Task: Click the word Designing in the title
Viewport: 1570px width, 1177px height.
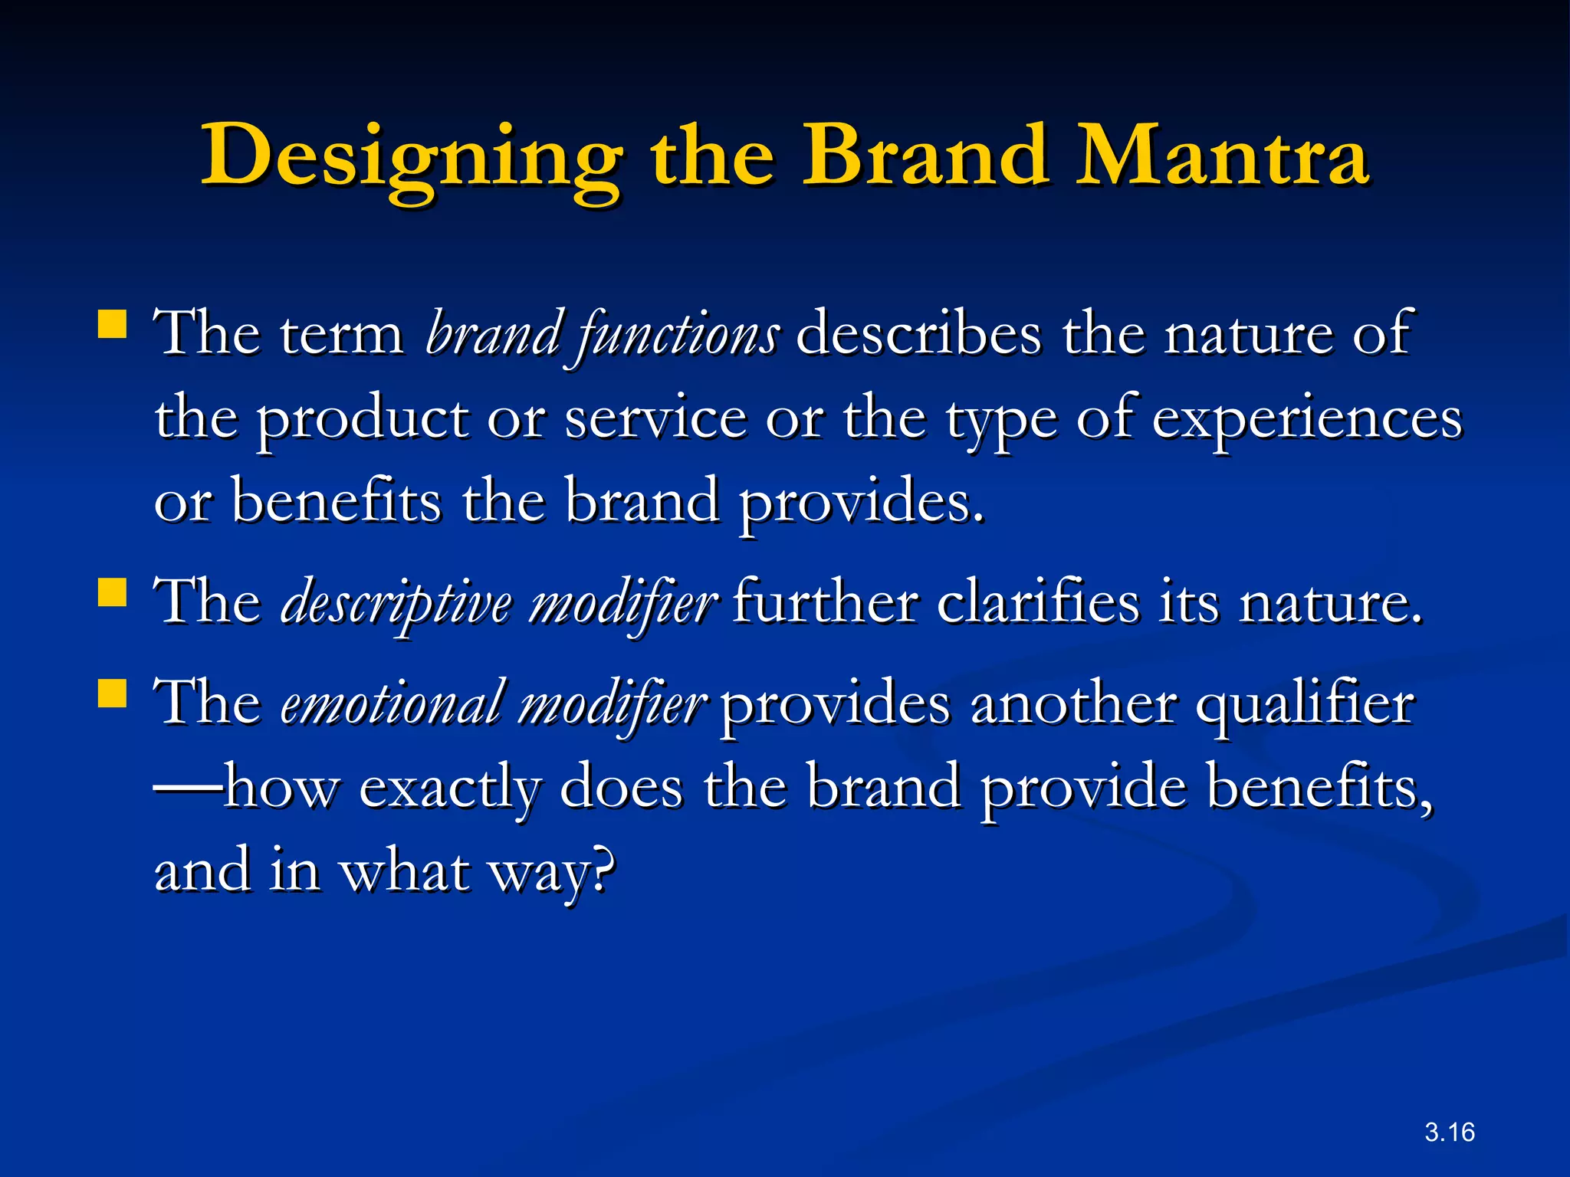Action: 411,157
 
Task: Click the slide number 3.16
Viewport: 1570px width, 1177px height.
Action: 1449,1132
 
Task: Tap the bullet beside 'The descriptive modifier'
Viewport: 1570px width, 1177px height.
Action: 113,592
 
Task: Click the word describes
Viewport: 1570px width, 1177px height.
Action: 918,334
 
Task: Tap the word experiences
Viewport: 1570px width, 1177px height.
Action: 1306,419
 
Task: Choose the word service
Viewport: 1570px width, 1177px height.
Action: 655,419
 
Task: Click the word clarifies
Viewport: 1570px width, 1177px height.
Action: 1038,603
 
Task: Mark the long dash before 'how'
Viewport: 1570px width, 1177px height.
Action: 189,788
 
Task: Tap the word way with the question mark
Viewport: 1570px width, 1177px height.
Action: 553,874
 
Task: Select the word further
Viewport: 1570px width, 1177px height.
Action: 825,603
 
